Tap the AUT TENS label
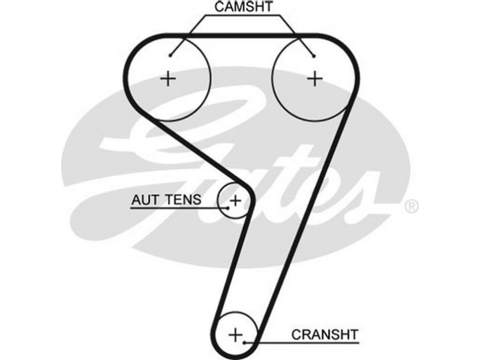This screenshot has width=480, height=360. coord(166,199)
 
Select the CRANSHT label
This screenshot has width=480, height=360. coord(324,333)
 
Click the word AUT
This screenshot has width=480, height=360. coord(146,199)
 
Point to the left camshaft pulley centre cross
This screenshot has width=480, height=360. coord(169,78)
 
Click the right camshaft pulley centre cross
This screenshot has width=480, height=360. coord(314,78)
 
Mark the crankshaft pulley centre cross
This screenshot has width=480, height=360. coord(236,333)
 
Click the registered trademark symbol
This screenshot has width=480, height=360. coord(412,207)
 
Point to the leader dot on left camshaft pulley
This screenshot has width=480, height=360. coord(171,56)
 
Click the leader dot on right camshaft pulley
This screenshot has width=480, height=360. coord(313,57)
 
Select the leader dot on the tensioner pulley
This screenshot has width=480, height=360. coord(228,208)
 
